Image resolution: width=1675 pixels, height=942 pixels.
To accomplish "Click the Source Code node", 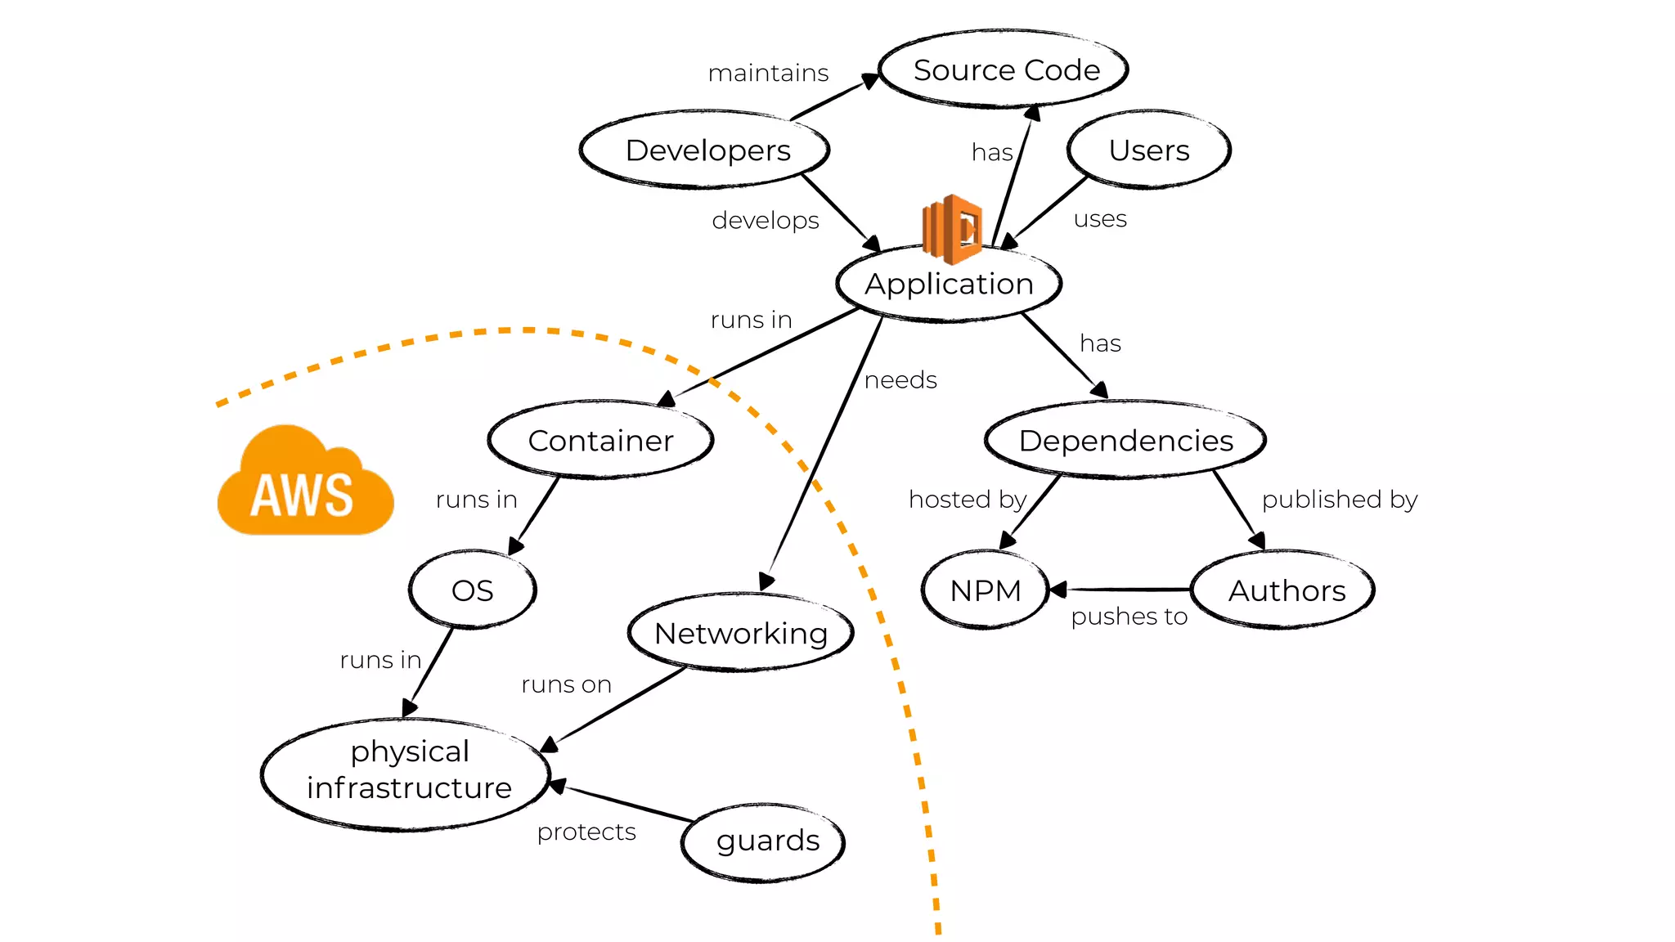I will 1004,70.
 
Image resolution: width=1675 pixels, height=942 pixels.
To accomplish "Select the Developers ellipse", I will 706,150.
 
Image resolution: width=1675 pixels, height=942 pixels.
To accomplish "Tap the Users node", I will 1148,150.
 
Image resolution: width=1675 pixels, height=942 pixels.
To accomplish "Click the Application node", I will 949,285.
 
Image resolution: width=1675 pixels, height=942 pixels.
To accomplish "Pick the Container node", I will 600,441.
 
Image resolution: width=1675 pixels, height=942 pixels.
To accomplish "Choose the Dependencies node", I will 1125,441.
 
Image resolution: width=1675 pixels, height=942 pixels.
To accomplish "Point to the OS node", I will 472,590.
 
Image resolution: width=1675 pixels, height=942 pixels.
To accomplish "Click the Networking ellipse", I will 741,633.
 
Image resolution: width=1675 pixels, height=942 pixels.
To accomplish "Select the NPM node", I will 985,590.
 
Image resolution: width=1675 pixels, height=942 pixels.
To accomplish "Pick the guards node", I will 766,841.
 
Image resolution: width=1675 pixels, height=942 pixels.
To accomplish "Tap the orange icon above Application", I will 951,228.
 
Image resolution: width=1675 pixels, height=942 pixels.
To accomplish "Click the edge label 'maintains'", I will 768,74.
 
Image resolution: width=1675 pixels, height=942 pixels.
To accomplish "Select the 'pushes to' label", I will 1129,617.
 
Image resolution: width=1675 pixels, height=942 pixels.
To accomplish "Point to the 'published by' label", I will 1339,500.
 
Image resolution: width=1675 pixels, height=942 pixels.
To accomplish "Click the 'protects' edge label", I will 586,832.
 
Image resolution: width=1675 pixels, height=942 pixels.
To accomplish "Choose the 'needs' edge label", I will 900,380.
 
